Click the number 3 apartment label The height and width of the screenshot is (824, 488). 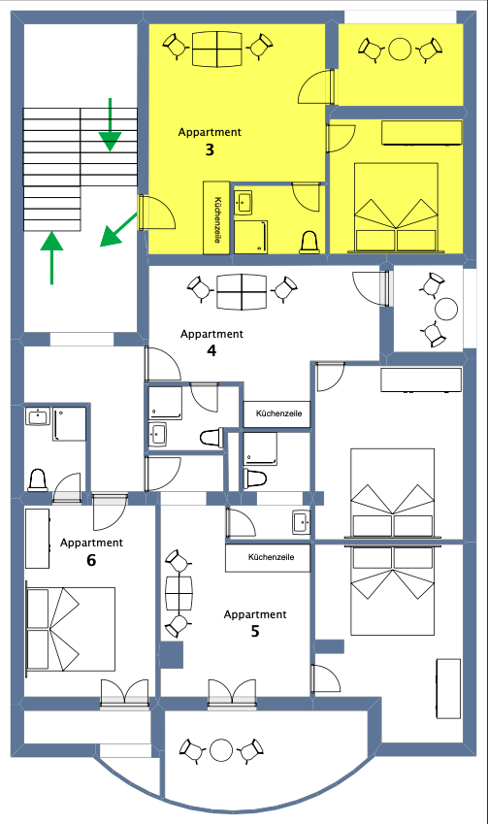[210, 149]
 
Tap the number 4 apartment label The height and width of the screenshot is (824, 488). [211, 350]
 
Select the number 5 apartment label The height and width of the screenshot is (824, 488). [255, 631]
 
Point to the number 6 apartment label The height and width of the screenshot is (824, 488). [91, 560]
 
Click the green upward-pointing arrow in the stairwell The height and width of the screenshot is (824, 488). [51, 257]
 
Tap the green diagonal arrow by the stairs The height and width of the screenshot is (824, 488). [118, 230]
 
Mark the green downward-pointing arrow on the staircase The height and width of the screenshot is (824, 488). [111, 124]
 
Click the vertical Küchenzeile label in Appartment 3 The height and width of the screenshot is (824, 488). [217, 219]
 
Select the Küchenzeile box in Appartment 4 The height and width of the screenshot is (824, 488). [277, 414]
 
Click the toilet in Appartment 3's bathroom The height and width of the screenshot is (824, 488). [309, 243]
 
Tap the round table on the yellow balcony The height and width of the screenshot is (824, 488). [401, 49]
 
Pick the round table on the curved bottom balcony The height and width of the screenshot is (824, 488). [221, 750]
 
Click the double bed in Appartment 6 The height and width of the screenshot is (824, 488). [71, 629]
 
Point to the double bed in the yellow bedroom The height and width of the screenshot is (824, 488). [396, 207]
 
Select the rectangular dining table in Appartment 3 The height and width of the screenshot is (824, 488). [217, 49]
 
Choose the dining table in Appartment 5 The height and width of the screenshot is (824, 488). [179, 594]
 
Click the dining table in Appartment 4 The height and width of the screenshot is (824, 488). [242, 292]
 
